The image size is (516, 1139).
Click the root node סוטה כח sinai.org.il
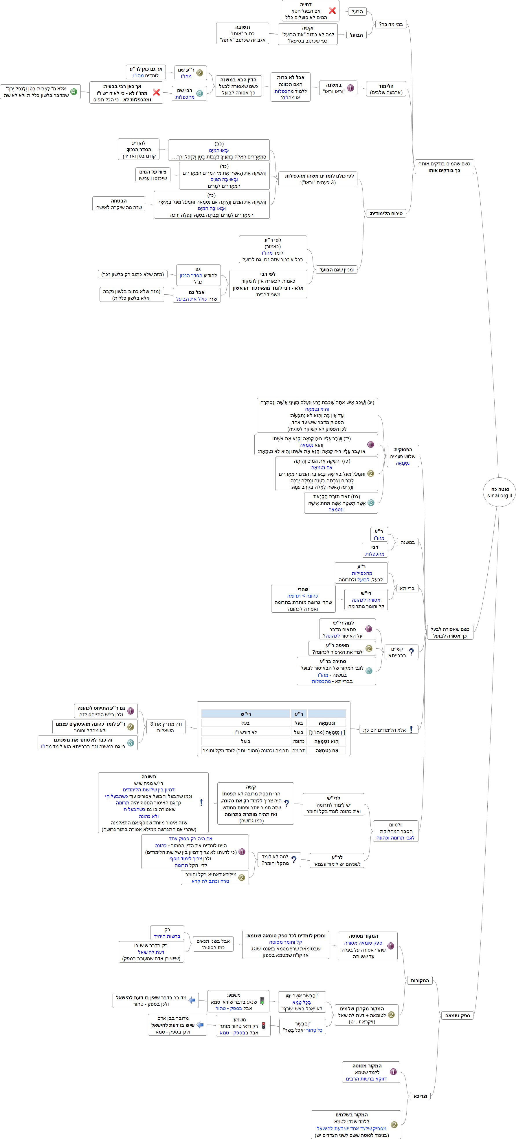[499, 492]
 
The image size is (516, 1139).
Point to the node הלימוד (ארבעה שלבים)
[386, 89]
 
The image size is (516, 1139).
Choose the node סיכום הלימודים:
[386, 213]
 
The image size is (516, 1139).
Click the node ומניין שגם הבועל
[336, 270]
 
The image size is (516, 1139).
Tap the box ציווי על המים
[153, 175]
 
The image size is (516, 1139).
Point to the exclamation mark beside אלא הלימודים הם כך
[411, 730]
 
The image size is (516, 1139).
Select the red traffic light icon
[263, 1025]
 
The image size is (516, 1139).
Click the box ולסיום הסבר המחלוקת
[395, 831]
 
